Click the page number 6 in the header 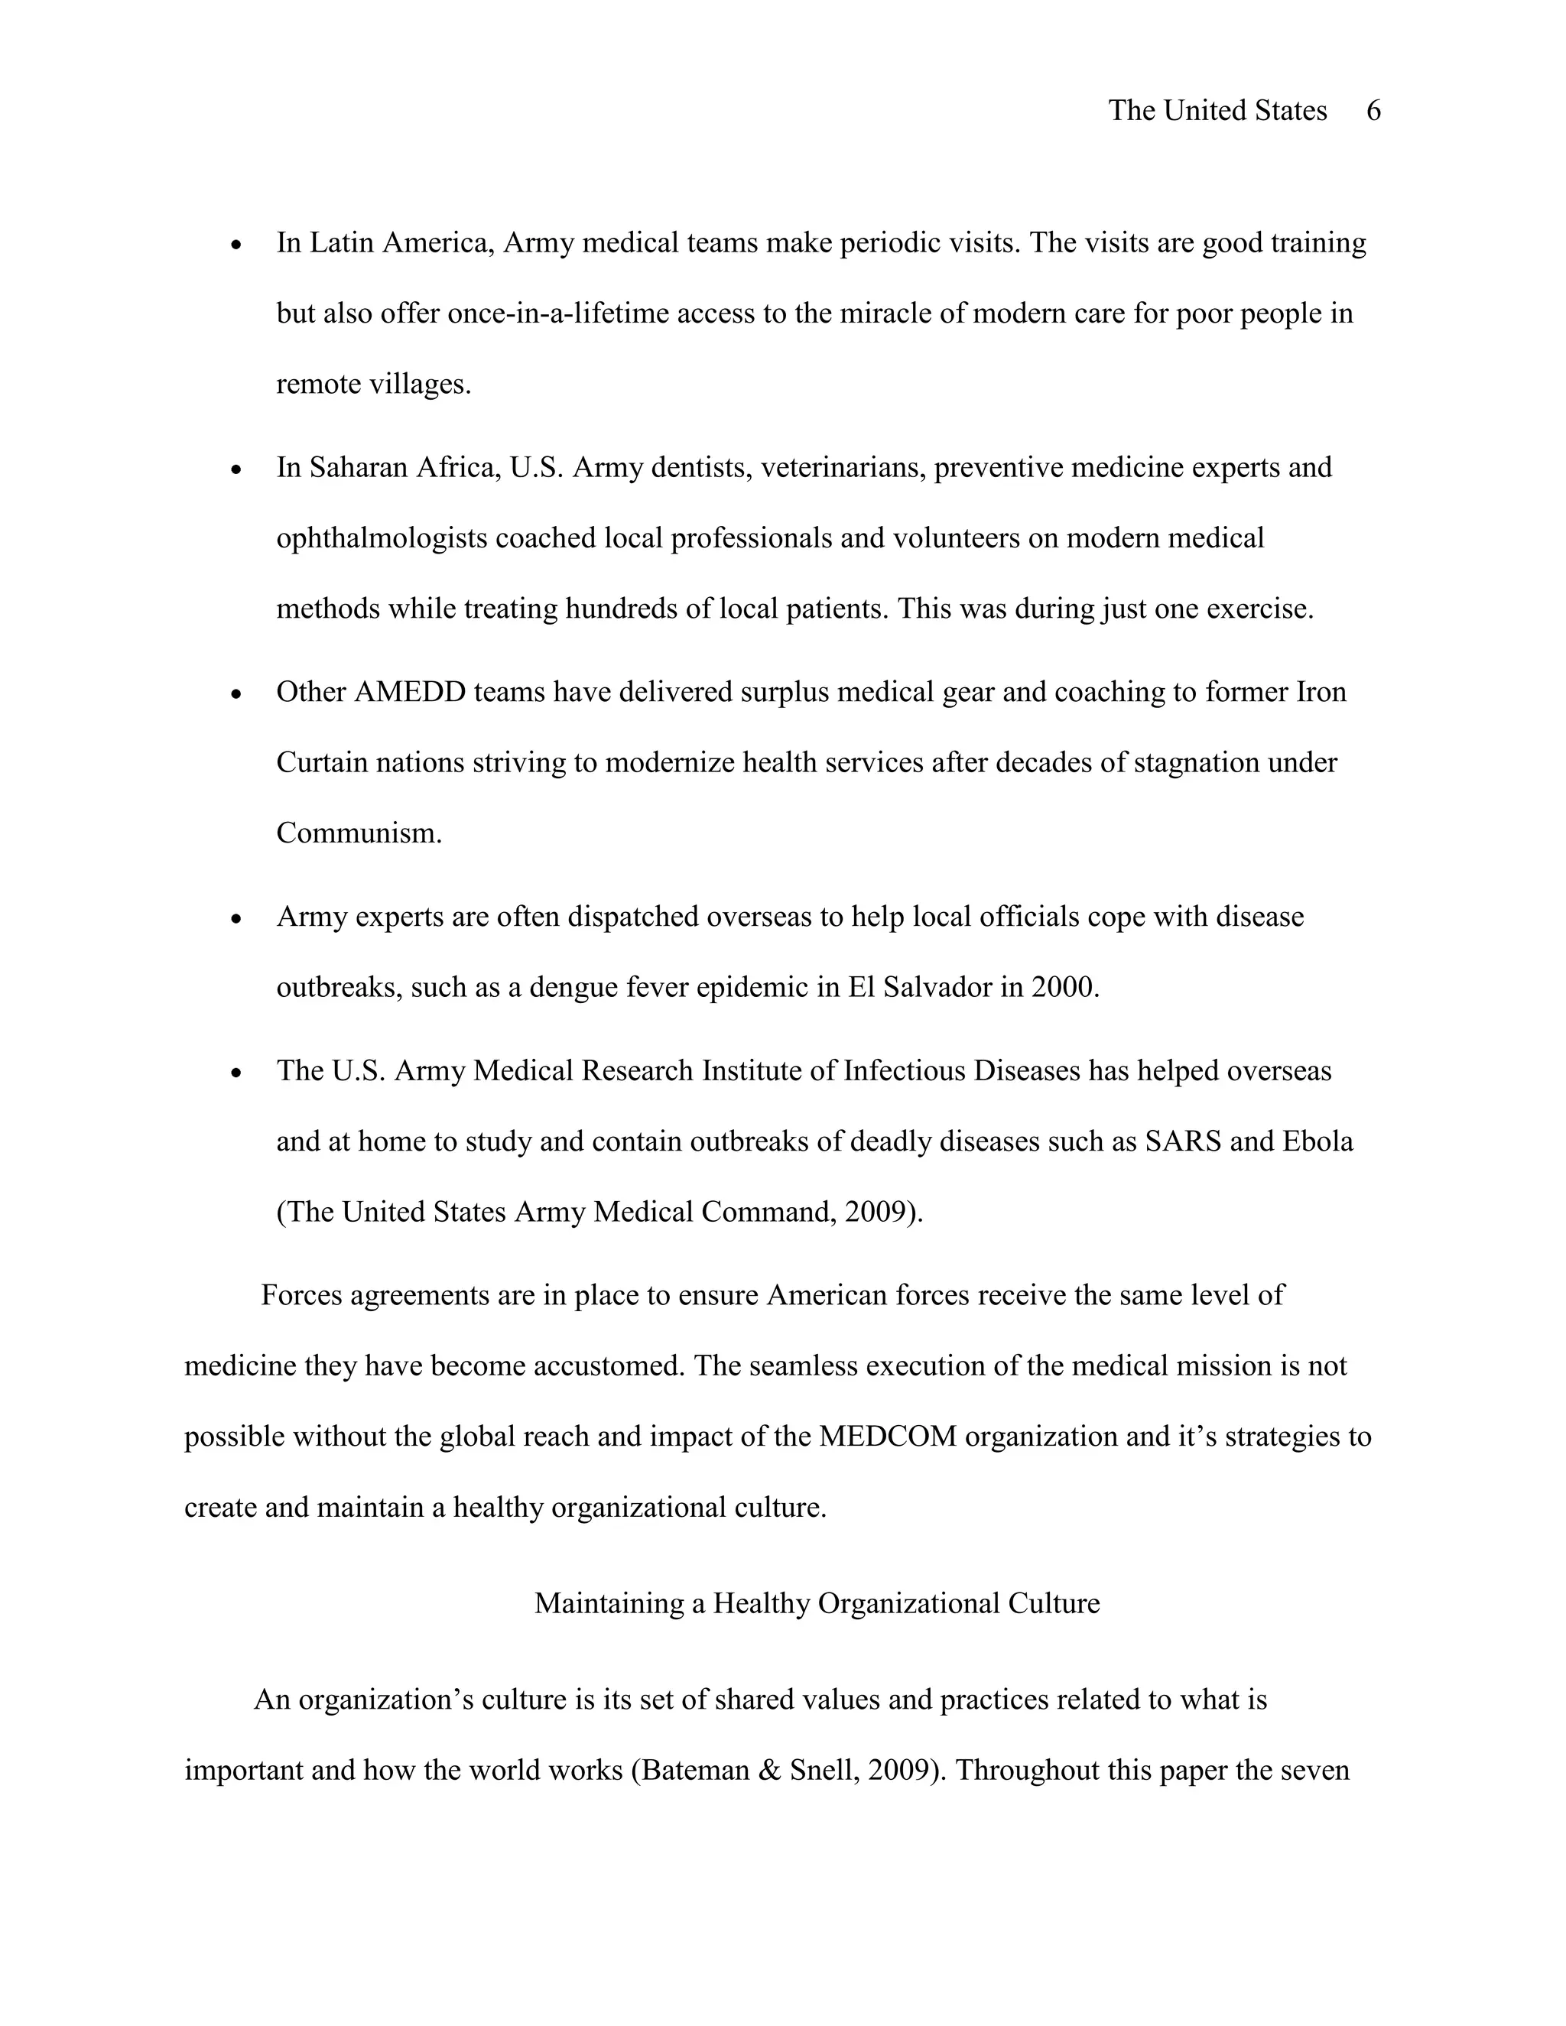pos(1374,112)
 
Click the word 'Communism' pos(357,833)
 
